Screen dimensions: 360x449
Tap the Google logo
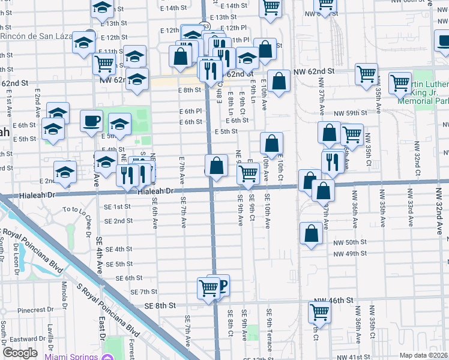pos(20,353)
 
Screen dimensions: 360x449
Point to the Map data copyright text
pos(423,355)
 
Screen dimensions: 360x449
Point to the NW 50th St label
pos(351,242)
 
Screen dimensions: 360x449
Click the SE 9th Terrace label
pos(270,326)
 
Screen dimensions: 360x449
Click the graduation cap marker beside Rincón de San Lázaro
pos(83,42)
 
